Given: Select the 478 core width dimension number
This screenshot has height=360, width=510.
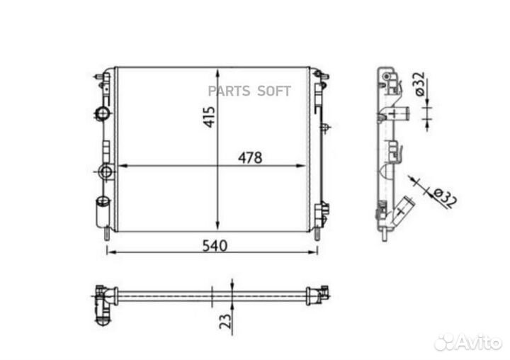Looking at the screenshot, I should (x=249, y=158).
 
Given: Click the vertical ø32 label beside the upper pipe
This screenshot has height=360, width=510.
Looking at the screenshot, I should (x=418, y=84).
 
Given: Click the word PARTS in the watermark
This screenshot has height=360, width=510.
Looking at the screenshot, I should (x=228, y=91).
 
